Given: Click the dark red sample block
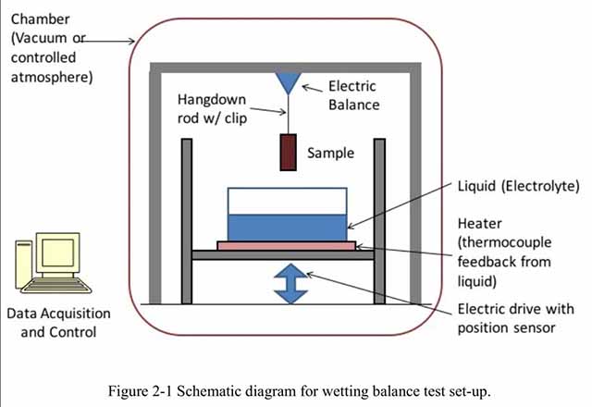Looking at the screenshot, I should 288,153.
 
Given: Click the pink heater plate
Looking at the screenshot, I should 286,245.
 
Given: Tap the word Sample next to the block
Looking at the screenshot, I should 331,153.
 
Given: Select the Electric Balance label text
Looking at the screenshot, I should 354,96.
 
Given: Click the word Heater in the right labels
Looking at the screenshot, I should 481,225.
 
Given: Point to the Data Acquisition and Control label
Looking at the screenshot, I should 57,323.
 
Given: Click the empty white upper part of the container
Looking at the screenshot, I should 287,201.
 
